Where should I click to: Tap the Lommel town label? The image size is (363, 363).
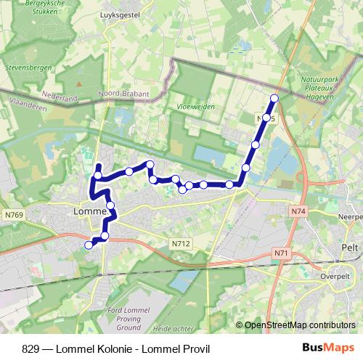tap(90, 212)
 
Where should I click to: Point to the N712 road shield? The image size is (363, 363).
tap(181, 244)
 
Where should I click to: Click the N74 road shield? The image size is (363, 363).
tap(295, 211)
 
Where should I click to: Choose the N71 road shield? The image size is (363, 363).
tap(281, 253)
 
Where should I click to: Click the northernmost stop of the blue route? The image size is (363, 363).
tap(274, 98)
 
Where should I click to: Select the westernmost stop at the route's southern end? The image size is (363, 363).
tap(89, 245)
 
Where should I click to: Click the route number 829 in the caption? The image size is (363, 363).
tap(30, 347)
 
